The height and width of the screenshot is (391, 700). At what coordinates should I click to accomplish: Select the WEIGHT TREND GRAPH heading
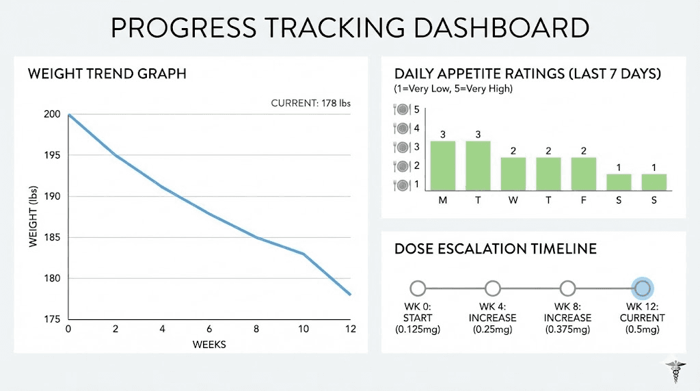(107, 74)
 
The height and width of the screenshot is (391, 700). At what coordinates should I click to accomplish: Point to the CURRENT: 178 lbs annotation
(311, 104)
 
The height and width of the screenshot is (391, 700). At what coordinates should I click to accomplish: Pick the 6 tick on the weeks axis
(209, 329)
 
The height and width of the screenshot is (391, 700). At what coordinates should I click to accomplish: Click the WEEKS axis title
(209, 345)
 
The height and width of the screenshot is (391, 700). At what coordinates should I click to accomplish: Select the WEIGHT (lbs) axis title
(33, 217)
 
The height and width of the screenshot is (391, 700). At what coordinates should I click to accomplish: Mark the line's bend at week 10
(303, 254)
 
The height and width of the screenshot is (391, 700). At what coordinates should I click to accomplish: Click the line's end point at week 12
(350, 295)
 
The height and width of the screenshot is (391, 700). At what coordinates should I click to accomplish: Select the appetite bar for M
(442, 166)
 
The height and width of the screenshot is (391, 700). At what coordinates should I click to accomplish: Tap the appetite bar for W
(513, 174)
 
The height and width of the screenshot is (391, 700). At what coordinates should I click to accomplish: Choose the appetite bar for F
(584, 174)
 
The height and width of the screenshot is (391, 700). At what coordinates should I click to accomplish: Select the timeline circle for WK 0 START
(418, 288)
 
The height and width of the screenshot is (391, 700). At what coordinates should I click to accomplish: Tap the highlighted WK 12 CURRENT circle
(642, 288)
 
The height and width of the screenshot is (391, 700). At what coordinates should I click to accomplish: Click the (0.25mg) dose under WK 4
(492, 329)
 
